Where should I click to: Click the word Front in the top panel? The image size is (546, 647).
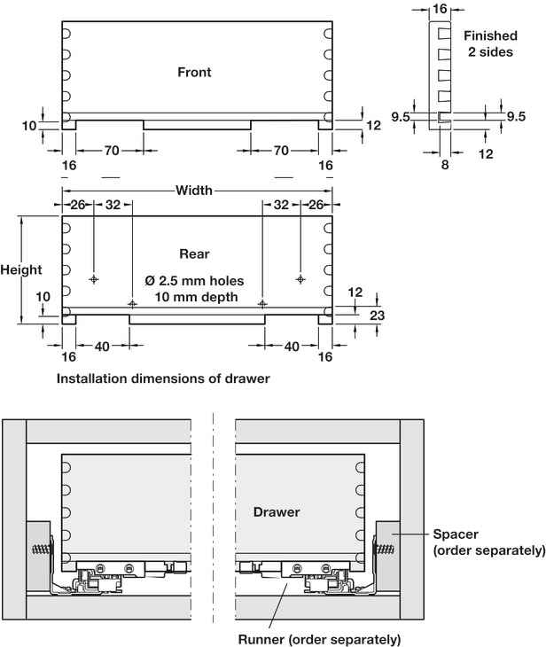(x=194, y=73)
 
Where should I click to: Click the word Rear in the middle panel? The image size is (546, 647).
(x=194, y=253)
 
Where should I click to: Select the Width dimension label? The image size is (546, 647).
(x=194, y=191)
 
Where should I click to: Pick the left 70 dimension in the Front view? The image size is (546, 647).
(x=111, y=152)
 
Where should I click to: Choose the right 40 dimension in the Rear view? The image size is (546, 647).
(x=292, y=347)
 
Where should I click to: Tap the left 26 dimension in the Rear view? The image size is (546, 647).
(x=78, y=205)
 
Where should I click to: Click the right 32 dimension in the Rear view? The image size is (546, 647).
(x=281, y=205)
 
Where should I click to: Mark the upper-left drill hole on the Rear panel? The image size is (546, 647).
(x=94, y=279)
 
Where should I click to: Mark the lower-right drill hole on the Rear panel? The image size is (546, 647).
(x=261, y=303)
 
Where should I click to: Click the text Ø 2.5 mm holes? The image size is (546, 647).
(x=194, y=280)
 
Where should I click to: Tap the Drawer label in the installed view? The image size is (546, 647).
(x=277, y=512)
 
